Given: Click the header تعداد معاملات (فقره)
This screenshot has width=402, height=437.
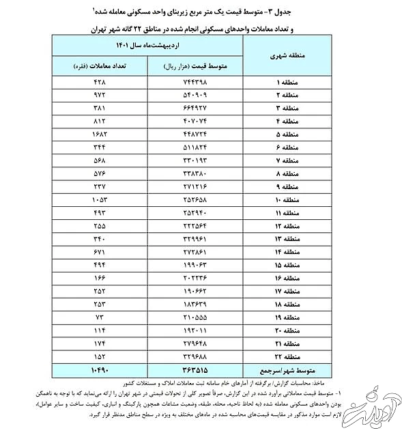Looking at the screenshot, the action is point(100,67).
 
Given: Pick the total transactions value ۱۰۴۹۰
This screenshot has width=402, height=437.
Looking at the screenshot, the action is point(100,370).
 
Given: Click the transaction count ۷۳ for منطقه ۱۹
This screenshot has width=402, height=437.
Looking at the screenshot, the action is point(101,318).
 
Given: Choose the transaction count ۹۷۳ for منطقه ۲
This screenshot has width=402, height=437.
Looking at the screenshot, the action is point(100,94).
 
